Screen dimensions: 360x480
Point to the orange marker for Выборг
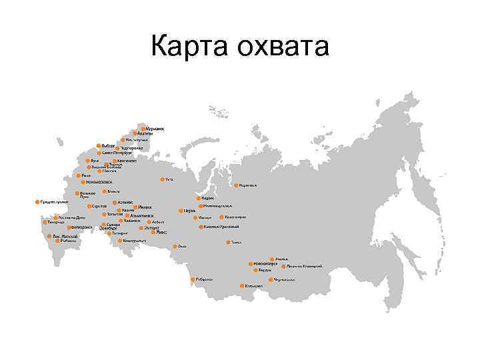click(x=98, y=145)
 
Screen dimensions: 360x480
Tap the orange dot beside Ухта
click(x=162, y=179)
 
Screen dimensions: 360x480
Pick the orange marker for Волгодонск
click(x=69, y=227)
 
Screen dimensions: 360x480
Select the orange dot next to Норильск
click(x=235, y=185)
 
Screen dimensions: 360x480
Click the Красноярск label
click(x=236, y=217)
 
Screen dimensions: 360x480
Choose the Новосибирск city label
click(x=265, y=263)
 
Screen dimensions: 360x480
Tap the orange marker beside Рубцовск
click(x=191, y=279)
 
